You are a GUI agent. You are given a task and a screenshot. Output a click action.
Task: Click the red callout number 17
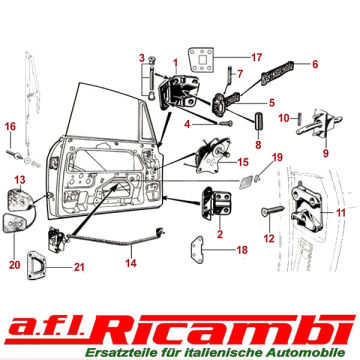point(256,57)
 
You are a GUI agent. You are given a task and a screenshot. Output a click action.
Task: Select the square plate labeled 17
point(201,59)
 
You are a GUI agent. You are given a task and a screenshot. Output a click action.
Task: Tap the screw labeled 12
point(272,210)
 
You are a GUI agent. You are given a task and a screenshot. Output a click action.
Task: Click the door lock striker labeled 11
point(306,208)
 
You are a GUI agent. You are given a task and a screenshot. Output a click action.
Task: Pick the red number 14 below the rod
point(131,263)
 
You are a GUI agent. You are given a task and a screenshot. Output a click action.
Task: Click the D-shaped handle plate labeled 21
point(36,265)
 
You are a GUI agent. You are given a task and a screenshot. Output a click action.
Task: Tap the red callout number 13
point(20,180)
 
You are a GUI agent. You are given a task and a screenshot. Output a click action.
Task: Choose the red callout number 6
point(315,64)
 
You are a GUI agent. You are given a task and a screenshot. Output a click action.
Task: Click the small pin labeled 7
point(230,76)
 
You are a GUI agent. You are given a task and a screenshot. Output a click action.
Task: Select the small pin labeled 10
point(299,118)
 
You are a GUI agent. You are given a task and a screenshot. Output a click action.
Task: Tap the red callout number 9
point(326,153)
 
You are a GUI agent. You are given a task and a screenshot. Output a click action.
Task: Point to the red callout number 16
point(10,127)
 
